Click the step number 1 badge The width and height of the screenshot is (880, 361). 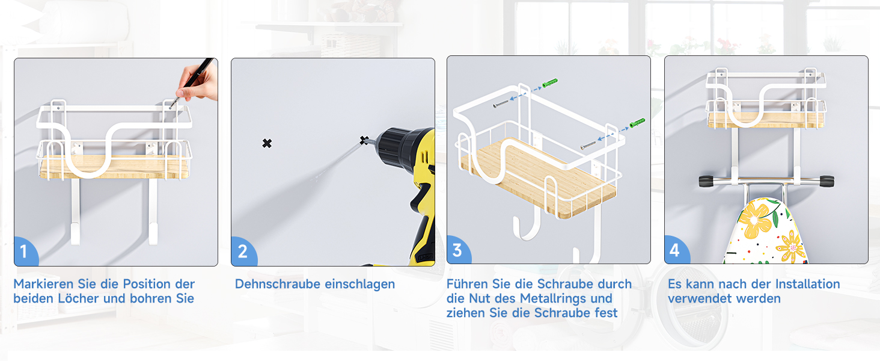click(25, 251)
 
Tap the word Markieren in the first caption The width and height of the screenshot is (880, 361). click(43, 284)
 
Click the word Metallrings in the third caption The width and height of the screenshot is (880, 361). click(566, 298)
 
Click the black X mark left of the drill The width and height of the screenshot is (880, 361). click(267, 144)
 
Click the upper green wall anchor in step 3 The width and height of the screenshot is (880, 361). click(550, 83)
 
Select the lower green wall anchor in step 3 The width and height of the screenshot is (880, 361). click(637, 123)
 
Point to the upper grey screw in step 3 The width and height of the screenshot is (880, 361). click(501, 104)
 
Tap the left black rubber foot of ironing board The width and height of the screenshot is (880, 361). click(706, 182)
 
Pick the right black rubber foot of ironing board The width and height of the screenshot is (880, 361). click(826, 182)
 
